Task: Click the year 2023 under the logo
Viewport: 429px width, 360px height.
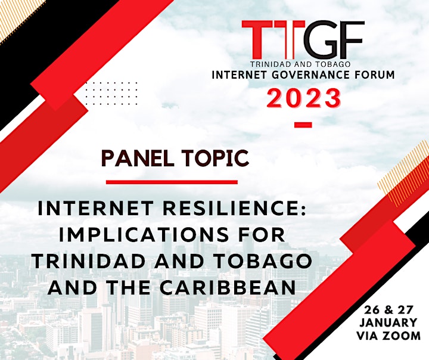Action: click(304, 98)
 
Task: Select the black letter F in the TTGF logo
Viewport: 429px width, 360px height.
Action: click(352, 41)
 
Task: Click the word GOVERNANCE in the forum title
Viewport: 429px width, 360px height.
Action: click(311, 75)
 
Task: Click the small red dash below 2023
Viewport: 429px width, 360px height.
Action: click(303, 125)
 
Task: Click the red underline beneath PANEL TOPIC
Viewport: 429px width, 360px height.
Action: click(172, 182)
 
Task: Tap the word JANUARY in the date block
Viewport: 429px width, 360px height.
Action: click(388, 322)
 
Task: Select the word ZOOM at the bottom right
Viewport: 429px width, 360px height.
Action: click(402, 336)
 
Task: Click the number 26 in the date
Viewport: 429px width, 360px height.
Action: click(371, 310)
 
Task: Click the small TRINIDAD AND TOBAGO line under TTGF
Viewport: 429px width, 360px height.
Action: click(301, 64)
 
